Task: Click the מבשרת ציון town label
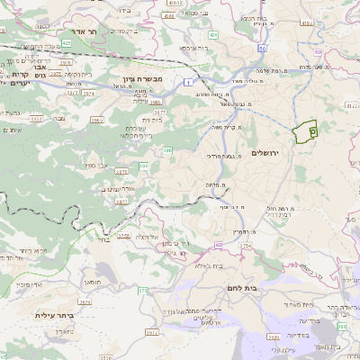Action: click(x=141, y=80)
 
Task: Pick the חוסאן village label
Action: click(x=92, y=282)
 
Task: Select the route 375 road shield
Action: click(x=142, y=290)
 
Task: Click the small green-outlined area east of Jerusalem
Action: click(x=307, y=131)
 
